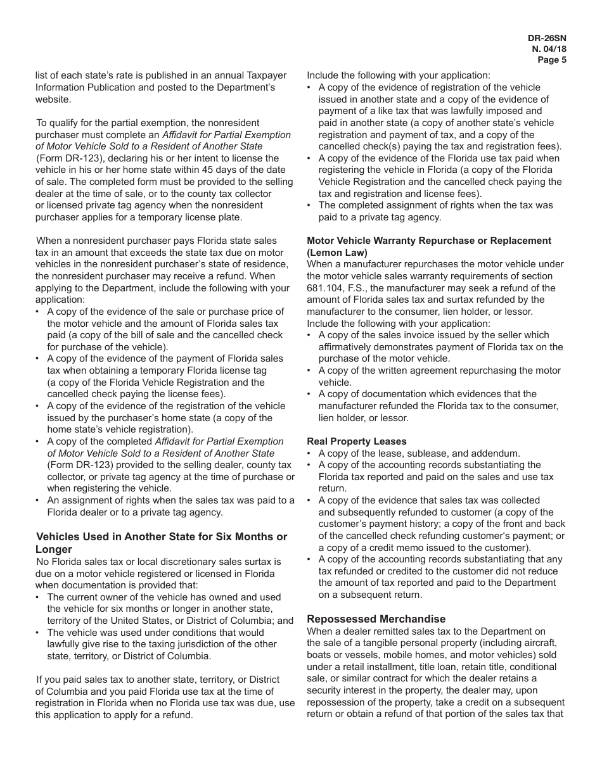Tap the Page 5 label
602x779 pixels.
pyautogui.click(x=551, y=60)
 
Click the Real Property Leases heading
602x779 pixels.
pyautogui.click(x=357, y=441)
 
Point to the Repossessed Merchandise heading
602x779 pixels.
pyautogui.click(x=376, y=619)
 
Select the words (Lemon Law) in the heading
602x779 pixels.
pyautogui.click(x=337, y=252)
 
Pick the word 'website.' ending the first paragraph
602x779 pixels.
pyautogui.click(x=53, y=99)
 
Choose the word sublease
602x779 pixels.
pyautogui.click(x=435, y=453)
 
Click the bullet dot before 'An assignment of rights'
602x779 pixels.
pyautogui.click(x=39, y=501)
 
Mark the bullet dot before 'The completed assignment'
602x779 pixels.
pyautogui.click(x=310, y=206)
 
